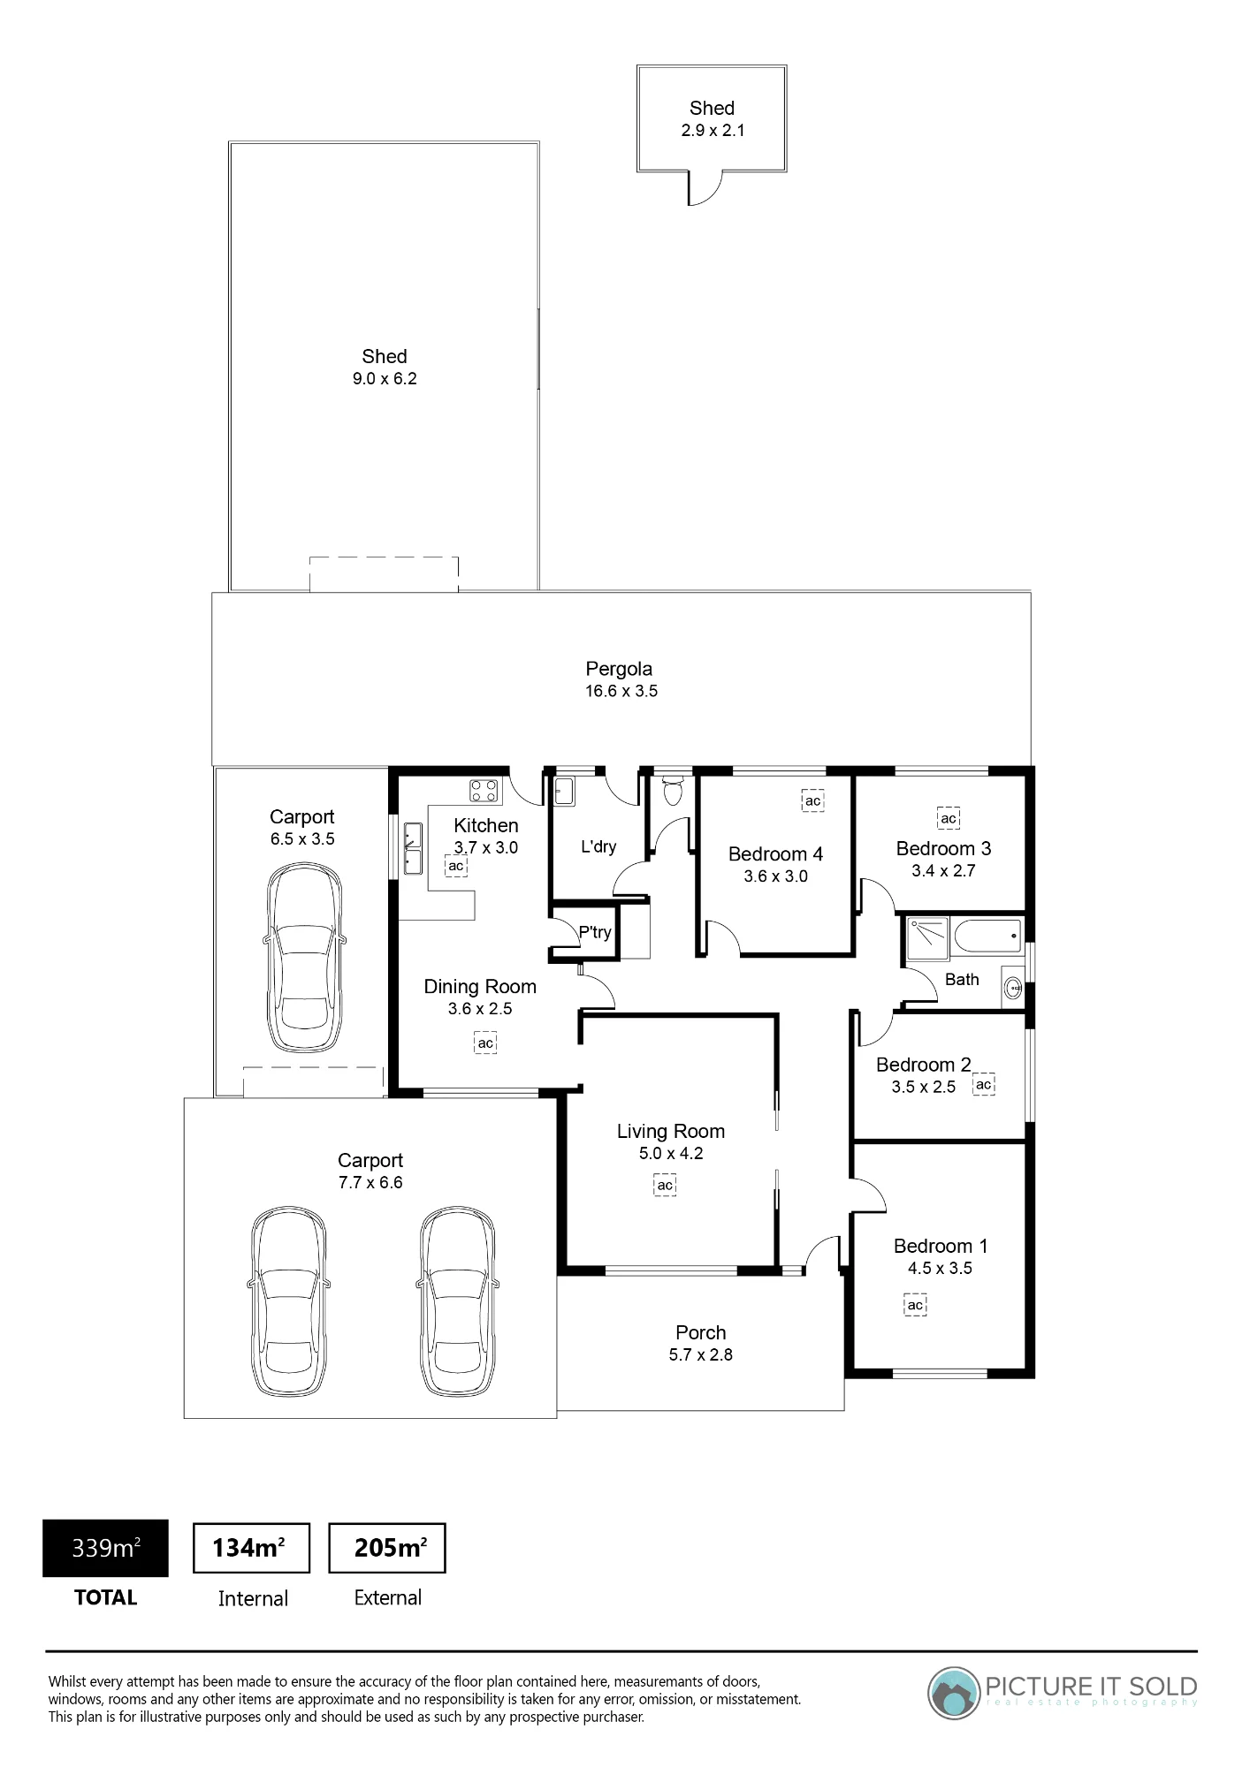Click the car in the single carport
click(x=304, y=958)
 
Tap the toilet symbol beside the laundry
click(x=673, y=790)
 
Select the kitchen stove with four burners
click(x=484, y=790)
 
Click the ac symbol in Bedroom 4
click(x=812, y=800)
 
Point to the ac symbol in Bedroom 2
click(x=984, y=1084)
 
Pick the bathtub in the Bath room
click(x=987, y=935)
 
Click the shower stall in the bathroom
click(x=926, y=937)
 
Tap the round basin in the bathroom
click(x=1013, y=989)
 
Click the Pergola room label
click(x=619, y=669)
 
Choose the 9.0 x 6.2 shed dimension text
click(x=385, y=379)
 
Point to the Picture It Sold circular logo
click(x=955, y=1693)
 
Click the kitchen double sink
click(x=413, y=848)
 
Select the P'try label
click(x=595, y=932)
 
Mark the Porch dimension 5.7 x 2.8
click(x=701, y=1355)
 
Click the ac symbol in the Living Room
click(x=665, y=1185)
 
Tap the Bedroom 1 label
click(x=941, y=1246)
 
